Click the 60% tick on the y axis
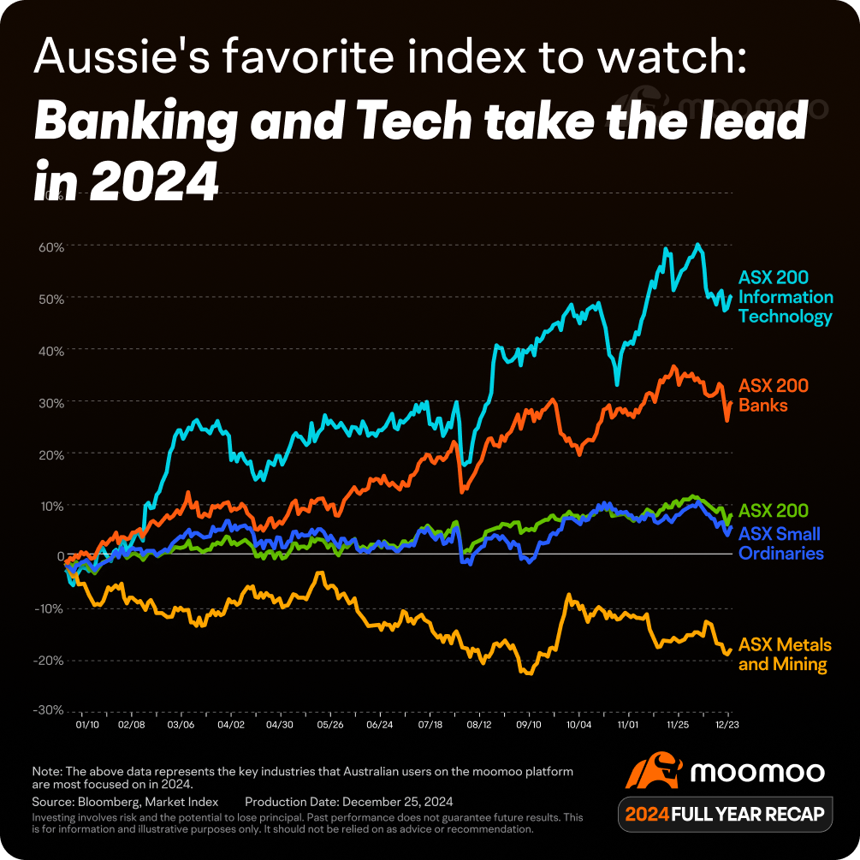[51, 246]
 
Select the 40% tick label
[51, 350]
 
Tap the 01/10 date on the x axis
[87, 724]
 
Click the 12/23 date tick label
[728, 724]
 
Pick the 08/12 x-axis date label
[479, 724]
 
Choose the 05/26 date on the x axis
[330, 724]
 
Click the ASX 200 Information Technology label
[785, 297]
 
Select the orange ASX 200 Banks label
[773, 395]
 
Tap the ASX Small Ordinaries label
[780, 543]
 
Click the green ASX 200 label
[773, 512]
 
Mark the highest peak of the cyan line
[698, 245]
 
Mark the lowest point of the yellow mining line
[528, 673]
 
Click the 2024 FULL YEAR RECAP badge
[725, 814]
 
